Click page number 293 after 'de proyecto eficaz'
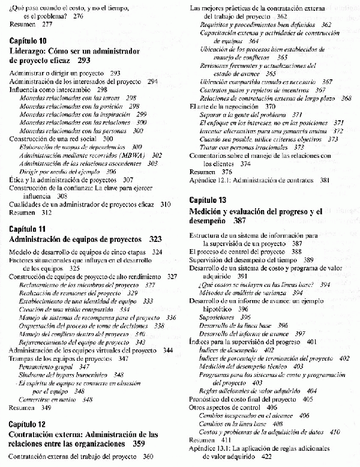(x=84, y=61)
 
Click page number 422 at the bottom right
(x=263, y=457)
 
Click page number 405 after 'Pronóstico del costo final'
(x=308, y=399)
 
